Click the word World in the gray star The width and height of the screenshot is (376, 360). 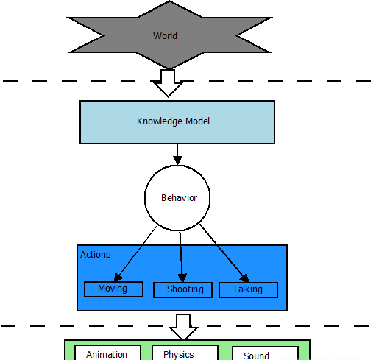point(165,36)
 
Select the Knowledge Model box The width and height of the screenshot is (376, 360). point(177,122)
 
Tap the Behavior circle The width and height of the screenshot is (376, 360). point(177,198)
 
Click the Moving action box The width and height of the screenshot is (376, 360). point(113,289)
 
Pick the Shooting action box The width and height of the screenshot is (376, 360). point(182,290)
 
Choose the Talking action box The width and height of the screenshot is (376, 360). point(248,290)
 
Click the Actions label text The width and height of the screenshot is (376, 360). point(96,255)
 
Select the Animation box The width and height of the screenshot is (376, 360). point(107,353)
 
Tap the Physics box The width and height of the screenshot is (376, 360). point(185,353)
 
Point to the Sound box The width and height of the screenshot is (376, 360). point(265,353)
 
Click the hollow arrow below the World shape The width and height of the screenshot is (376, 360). point(168,83)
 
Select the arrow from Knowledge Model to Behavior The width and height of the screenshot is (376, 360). point(177,155)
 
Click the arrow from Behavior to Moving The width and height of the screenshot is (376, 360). point(135,254)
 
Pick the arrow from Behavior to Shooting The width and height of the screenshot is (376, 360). point(181,257)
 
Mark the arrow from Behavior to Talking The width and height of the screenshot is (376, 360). point(224,253)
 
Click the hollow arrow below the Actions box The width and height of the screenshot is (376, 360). point(183,327)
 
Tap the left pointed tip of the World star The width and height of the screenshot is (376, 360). point(67,18)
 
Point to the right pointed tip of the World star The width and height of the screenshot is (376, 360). point(272,18)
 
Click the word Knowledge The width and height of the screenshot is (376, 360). point(160,121)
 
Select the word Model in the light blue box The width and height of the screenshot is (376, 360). point(197,121)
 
